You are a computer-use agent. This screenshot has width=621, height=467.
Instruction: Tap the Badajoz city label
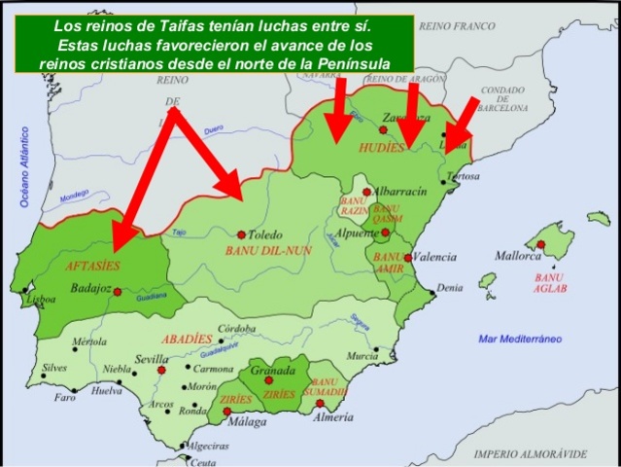click(91, 288)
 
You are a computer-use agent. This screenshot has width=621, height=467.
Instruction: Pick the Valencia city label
click(434, 256)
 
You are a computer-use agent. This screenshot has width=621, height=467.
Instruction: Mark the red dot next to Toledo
click(241, 234)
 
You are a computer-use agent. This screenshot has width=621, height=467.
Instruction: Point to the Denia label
click(449, 288)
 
